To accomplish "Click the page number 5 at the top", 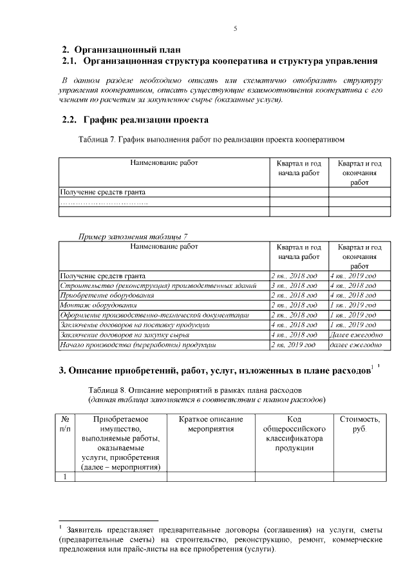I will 236,29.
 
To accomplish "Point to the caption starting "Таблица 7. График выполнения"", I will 212,139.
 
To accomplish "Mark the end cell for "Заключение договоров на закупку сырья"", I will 356,335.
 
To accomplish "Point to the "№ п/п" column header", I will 65,425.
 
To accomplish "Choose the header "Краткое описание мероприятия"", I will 211,425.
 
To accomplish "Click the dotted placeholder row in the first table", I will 103,202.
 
